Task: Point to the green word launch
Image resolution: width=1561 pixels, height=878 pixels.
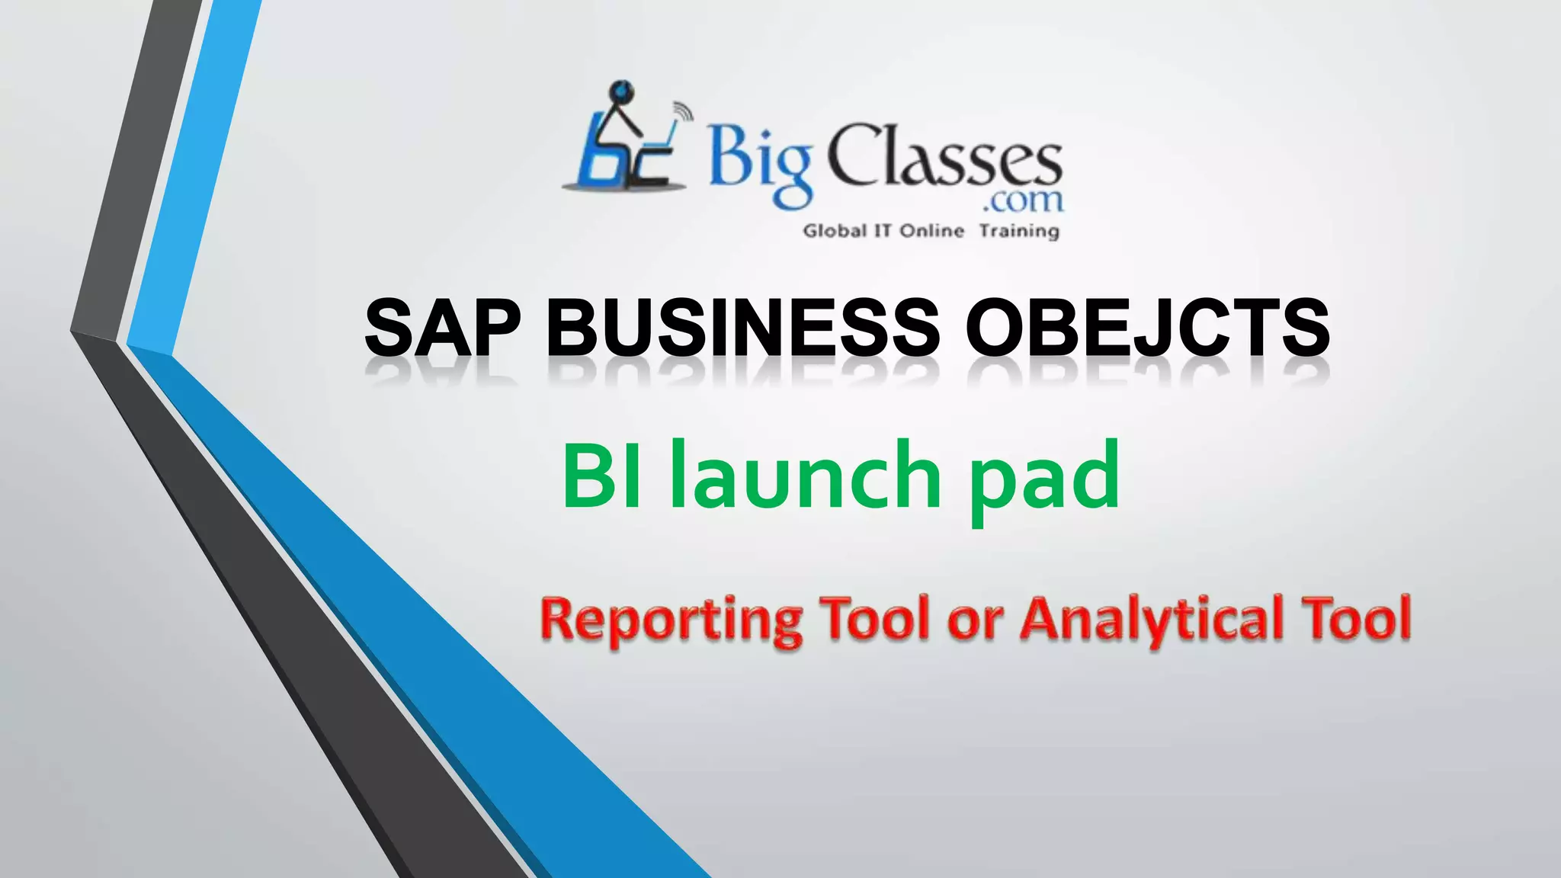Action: click(x=806, y=476)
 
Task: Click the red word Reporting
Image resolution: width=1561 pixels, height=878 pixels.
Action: click(x=672, y=620)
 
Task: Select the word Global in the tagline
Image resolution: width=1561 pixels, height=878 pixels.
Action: click(x=835, y=230)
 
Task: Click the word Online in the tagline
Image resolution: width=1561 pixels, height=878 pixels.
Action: click(x=932, y=230)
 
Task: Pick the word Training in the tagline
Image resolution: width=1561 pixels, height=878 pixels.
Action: click(x=1019, y=230)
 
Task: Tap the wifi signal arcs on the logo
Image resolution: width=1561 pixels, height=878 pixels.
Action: click(x=683, y=113)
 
